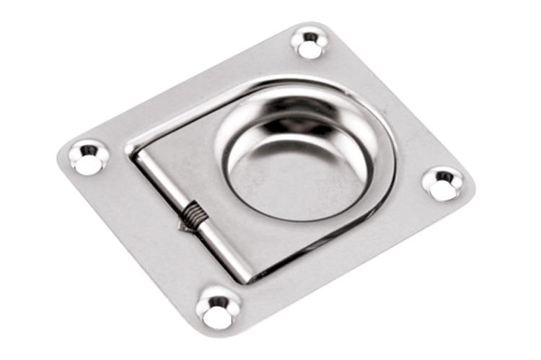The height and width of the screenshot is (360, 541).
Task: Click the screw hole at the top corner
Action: pyautogui.click(x=310, y=43)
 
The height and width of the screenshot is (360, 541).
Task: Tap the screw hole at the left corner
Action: pyautogui.click(x=89, y=158)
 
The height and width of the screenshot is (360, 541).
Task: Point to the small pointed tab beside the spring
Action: pyautogui.click(x=181, y=226)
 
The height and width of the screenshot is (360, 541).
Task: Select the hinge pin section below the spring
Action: pyautogui.click(x=224, y=249)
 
